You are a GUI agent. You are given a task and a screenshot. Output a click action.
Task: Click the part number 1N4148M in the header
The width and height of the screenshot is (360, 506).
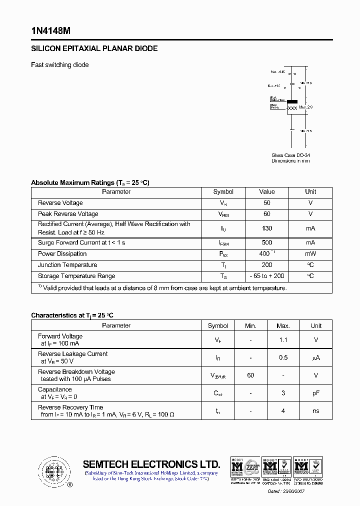point(50,30)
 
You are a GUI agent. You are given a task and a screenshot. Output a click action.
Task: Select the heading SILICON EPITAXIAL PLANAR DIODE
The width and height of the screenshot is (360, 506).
point(94,48)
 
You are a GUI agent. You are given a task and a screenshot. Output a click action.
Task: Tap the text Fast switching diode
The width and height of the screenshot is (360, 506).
point(60,65)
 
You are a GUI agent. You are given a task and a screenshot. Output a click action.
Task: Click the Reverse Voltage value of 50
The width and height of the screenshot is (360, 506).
point(267,203)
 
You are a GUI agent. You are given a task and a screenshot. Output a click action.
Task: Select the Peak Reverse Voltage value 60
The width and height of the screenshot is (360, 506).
point(267,214)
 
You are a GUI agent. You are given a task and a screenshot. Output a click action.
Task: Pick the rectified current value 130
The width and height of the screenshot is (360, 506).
point(267,228)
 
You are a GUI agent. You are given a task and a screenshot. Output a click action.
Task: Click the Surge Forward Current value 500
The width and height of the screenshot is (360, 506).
point(267,242)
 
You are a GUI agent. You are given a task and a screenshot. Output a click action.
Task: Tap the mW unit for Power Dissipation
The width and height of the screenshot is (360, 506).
point(310,254)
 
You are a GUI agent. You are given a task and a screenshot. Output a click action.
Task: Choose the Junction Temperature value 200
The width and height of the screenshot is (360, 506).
point(267,265)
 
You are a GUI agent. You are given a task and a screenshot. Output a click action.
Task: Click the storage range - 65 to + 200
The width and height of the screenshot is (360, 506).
point(267,276)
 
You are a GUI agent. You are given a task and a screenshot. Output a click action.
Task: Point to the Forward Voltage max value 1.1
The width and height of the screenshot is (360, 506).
point(283,340)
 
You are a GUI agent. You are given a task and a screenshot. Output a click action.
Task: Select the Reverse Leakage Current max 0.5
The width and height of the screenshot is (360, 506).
point(283,357)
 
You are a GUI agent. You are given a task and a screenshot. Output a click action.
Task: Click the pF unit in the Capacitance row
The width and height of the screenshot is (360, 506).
point(316,393)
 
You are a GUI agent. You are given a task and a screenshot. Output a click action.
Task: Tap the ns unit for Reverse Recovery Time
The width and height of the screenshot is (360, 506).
point(316,411)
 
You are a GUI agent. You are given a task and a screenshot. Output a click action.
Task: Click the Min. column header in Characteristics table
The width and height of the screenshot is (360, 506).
point(250,326)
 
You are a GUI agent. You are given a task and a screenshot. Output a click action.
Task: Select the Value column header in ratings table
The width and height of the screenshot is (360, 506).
point(267,192)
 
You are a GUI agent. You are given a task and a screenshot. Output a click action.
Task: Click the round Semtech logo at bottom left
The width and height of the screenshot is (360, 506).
point(54,471)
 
